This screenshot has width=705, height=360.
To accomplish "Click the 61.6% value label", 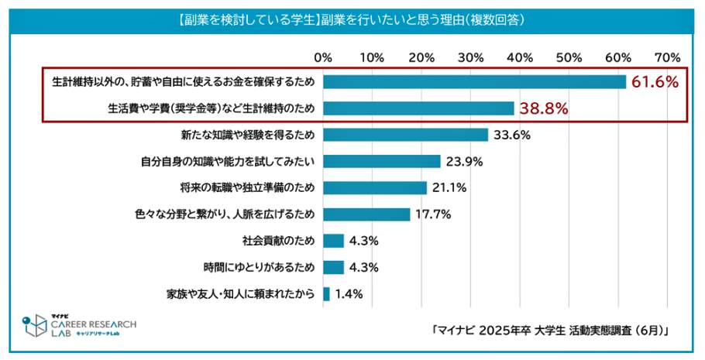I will point(655,82).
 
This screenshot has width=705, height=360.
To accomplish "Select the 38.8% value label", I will point(544,108).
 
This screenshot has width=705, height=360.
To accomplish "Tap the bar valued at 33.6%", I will point(405,135).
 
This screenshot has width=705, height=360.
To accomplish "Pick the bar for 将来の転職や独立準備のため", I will point(375,187).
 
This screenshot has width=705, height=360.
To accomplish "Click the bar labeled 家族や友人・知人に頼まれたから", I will point(326,293).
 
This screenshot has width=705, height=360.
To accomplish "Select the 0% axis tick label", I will point(323,57).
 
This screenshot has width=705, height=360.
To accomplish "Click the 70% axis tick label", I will point(667,57).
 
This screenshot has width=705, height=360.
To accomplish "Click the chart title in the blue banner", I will point(352,19).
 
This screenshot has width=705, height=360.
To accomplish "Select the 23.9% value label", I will point(465,162).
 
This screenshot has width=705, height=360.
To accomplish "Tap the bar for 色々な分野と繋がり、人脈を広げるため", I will point(366,214).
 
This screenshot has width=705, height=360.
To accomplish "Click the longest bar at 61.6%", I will point(474,82).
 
